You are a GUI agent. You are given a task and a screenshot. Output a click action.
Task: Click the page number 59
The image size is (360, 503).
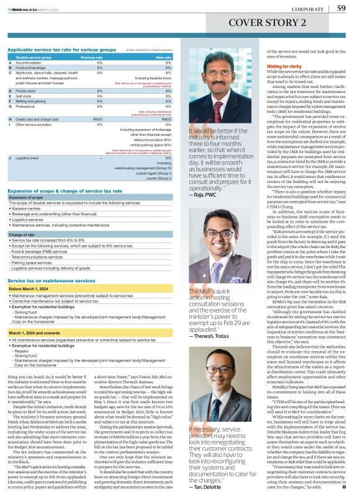coord(341,8)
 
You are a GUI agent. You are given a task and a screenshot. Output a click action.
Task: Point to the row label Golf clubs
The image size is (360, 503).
coord(25,97)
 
